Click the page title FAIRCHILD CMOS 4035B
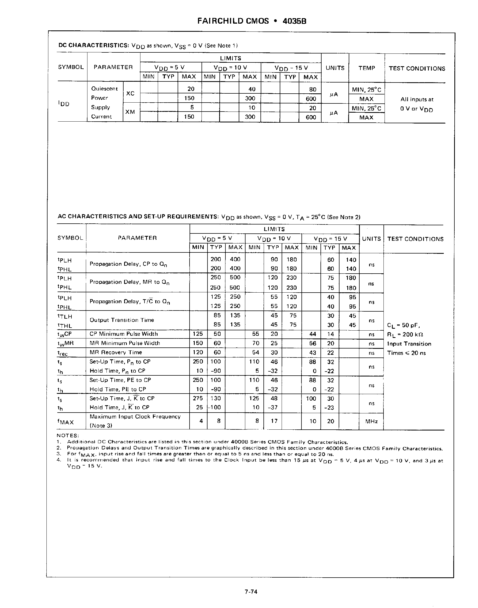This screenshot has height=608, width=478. (x=251, y=21)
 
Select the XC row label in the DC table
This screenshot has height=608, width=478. (x=130, y=93)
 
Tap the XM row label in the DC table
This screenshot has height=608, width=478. (x=130, y=112)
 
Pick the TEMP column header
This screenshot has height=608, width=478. (x=366, y=68)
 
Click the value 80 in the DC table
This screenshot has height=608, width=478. (x=313, y=89)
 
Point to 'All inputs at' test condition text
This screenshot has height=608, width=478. (x=417, y=99)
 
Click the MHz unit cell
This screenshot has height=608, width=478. (x=371, y=421)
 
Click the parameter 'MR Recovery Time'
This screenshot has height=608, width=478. (x=116, y=352)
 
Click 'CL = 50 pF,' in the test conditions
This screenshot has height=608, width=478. (x=403, y=325)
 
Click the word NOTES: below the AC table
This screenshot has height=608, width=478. (x=68, y=435)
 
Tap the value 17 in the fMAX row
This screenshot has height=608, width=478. (x=274, y=421)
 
